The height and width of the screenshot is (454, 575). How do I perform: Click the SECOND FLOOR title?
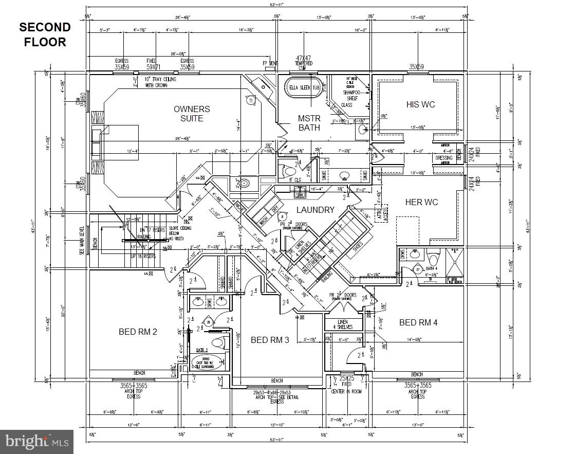[x=45, y=34]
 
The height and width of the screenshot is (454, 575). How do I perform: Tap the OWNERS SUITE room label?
[x=192, y=114]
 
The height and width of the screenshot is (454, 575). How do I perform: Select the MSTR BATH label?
[x=309, y=123]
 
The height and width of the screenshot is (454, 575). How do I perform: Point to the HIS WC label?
[x=420, y=104]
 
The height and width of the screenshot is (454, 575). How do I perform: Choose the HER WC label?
[x=421, y=202]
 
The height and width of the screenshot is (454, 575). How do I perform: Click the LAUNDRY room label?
[x=315, y=210]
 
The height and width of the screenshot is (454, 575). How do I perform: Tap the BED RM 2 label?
[x=138, y=332]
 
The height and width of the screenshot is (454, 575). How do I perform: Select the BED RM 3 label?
[x=270, y=340]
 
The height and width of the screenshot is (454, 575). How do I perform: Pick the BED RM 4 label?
[x=418, y=322]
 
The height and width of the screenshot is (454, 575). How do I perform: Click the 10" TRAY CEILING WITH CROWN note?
[x=160, y=82]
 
